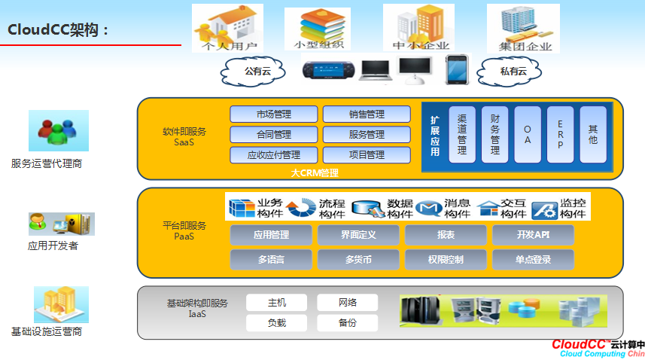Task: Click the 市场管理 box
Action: pos(272,114)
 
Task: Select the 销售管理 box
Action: pos(367,114)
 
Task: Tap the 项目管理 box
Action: pos(367,155)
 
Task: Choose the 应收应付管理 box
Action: pos(272,155)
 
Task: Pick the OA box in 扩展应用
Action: pos(528,134)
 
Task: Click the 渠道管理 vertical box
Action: pos(462,134)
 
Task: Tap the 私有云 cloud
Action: pos(513,72)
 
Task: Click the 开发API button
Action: pos(533,235)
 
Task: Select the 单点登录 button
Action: pos(533,260)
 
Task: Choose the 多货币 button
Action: pos(358,260)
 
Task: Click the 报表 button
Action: pos(446,235)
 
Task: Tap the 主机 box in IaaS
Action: pos(277,303)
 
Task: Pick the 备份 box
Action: pos(347,323)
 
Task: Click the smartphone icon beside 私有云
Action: pos(456,69)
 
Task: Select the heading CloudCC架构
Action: pos(59,29)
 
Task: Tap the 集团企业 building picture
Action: pos(524,27)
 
